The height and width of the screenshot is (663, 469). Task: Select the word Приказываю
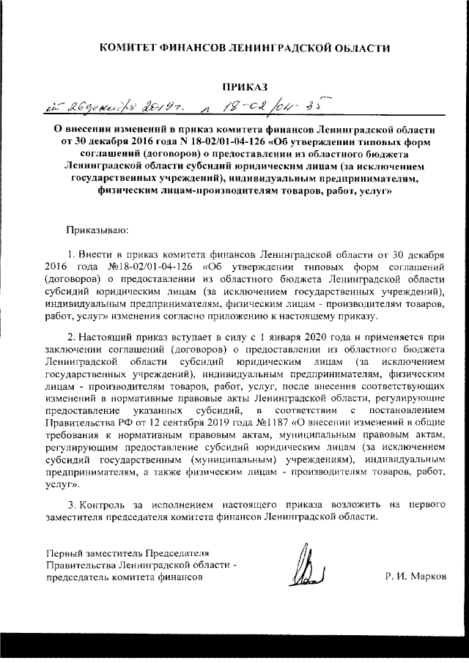coord(97,231)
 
